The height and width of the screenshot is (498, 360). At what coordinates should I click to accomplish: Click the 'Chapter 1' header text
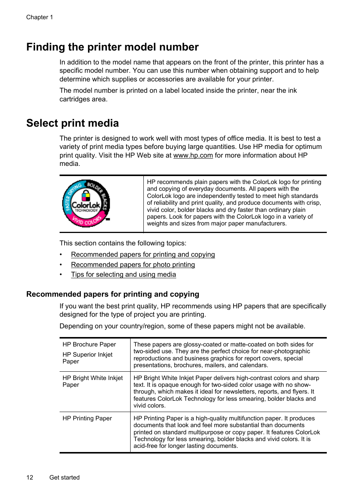click(40, 17)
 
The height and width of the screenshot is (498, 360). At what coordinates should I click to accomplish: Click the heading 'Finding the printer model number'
click(112, 47)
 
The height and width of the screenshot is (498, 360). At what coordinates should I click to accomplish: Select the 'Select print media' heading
click(72, 123)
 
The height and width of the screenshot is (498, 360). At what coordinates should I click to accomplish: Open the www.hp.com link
click(193, 155)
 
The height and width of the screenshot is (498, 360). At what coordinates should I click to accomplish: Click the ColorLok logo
click(86, 204)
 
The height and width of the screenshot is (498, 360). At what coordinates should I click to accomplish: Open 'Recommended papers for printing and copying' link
click(143, 254)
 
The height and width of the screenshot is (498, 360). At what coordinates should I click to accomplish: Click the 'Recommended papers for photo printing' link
click(133, 265)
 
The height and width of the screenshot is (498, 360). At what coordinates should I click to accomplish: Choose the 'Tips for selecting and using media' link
click(123, 274)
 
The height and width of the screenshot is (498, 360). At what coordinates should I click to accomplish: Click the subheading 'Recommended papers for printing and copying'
click(112, 294)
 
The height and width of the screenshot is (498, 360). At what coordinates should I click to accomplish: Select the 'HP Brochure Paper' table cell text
click(89, 345)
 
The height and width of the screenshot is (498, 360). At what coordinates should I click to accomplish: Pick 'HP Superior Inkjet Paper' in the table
click(87, 358)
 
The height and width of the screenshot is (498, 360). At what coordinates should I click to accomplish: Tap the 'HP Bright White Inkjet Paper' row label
click(92, 381)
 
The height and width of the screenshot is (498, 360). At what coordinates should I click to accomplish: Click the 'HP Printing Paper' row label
click(87, 418)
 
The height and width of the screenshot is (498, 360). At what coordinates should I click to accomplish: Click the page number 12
click(30, 478)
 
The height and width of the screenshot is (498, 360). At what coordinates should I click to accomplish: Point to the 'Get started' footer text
click(65, 478)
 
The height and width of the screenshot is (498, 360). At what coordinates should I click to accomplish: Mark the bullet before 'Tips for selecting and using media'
click(61, 274)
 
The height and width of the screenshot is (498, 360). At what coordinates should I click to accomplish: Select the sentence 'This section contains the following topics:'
click(123, 243)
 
